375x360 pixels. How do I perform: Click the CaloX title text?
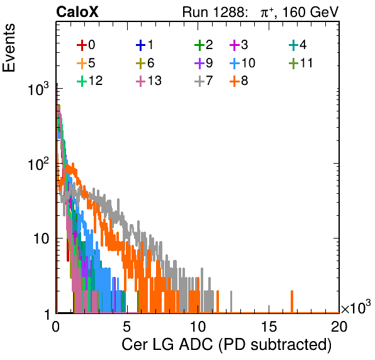(x=77, y=12)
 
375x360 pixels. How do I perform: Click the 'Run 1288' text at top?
(x=214, y=12)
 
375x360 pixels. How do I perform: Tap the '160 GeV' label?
(x=311, y=12)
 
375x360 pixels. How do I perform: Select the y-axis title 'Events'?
(x=9, y=48)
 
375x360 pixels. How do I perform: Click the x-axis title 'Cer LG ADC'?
(x=167, y=344)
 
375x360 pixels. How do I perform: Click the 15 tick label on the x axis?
(x=269, y=327)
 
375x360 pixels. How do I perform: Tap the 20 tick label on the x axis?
(x=339, y=327)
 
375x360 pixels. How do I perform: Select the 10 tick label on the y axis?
(x=41, y=239)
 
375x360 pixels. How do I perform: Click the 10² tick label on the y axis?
(x=38, y=164)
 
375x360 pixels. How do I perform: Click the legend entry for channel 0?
(x=86, y=45)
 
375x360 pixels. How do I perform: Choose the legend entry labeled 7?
(x=204, y=81)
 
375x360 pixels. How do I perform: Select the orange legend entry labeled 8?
(x=239, y=81)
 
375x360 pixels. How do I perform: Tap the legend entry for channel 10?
(x=242, y=63)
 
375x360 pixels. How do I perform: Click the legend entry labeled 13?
(x=148, y=81)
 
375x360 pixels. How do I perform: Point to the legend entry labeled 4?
(x=298, y=45)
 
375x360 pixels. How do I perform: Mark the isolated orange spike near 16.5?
(x=292, y=301)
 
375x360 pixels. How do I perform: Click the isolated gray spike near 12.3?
(x=232, y=301)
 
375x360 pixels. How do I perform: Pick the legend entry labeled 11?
(x=301, y=63)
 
